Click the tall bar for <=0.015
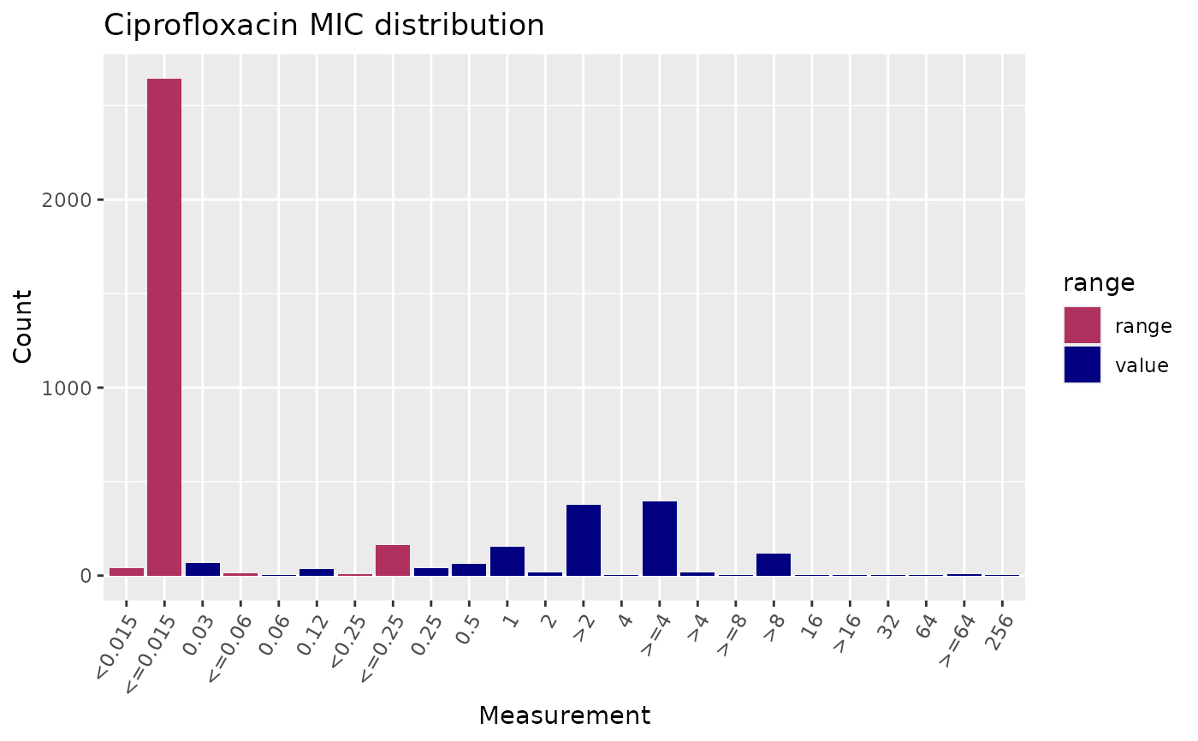pos(164,325)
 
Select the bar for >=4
pos(659,538)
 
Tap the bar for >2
pos(583,540)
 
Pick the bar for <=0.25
pos(393,560)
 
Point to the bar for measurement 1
pos(507,561)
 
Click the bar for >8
pos(774,565)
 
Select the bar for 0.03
pos(203,569)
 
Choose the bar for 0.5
pos(469,570)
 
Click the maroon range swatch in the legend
pos(1082,325)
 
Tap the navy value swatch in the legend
pos(1082,365)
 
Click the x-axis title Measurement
pos(564,715)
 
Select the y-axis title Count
pos(24,326)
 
